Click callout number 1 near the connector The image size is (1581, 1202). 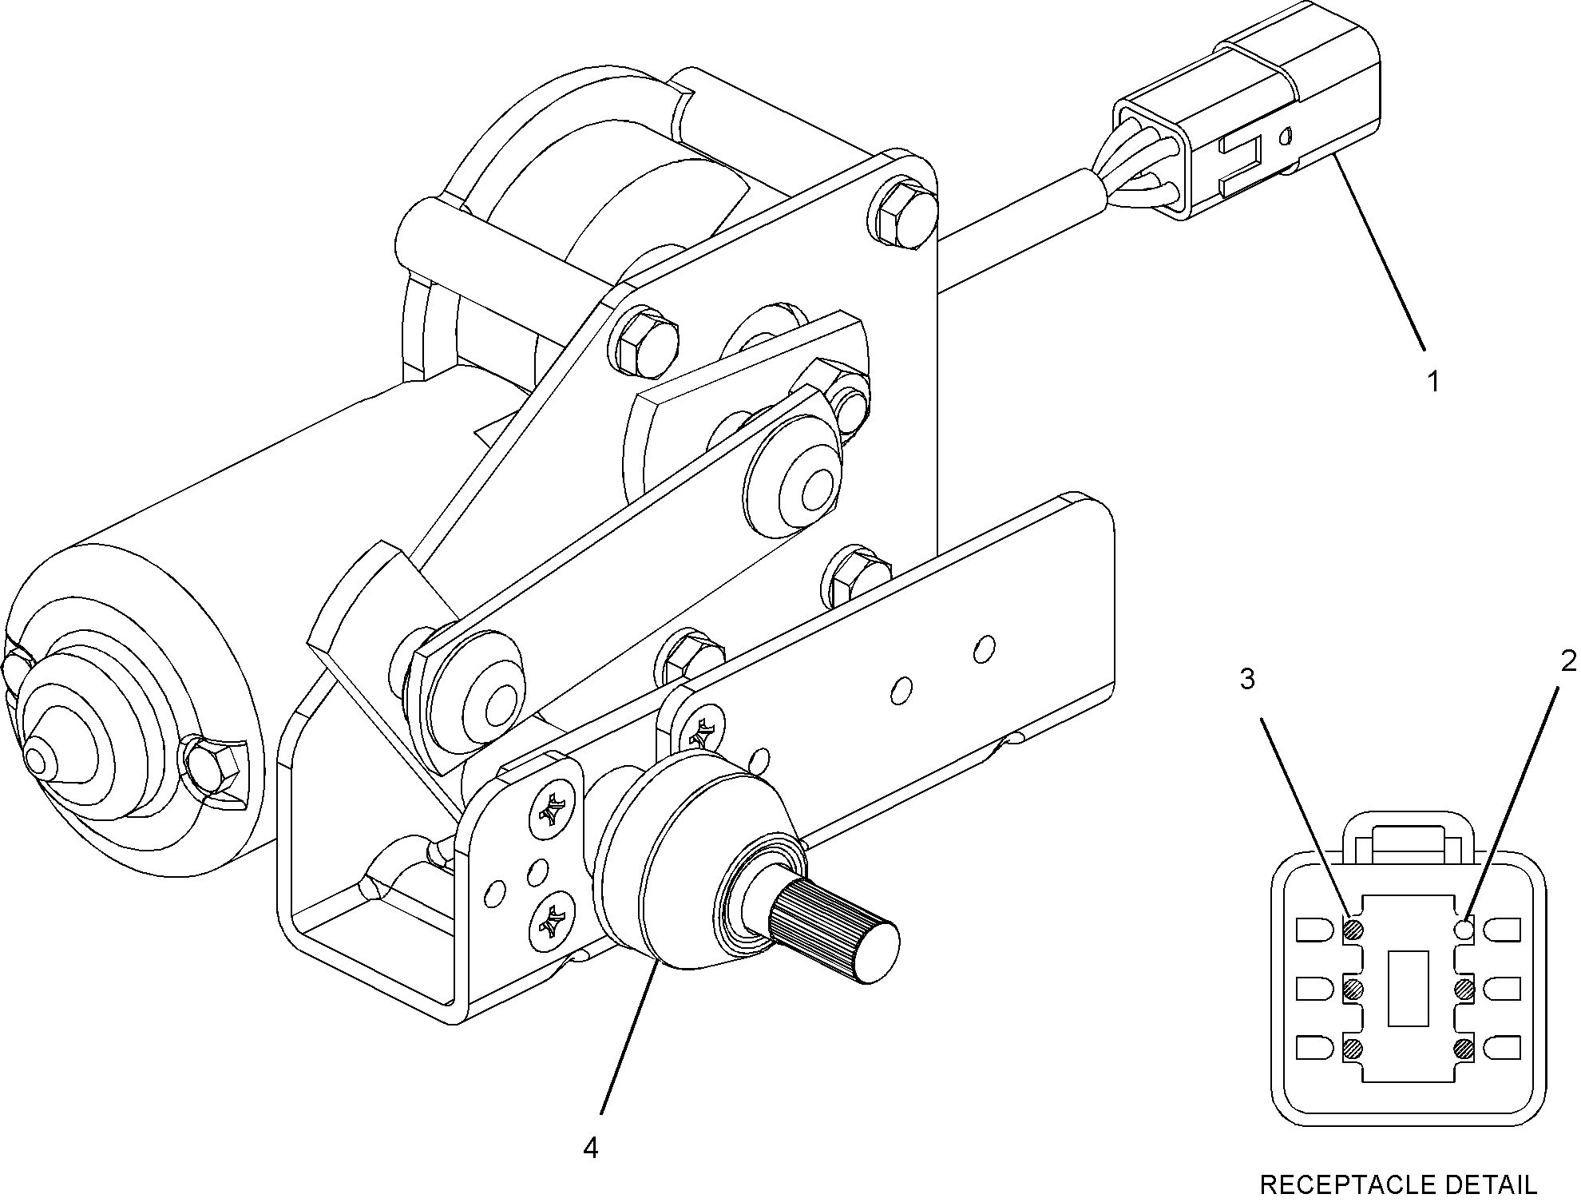1433,382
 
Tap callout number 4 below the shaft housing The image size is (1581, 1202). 590,1148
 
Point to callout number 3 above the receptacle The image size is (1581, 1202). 1247,679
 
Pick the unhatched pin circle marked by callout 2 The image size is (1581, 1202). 1464,929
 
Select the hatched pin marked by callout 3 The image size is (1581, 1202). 1353,929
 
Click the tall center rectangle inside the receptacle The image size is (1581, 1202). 1409,987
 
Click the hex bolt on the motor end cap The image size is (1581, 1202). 213,767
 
